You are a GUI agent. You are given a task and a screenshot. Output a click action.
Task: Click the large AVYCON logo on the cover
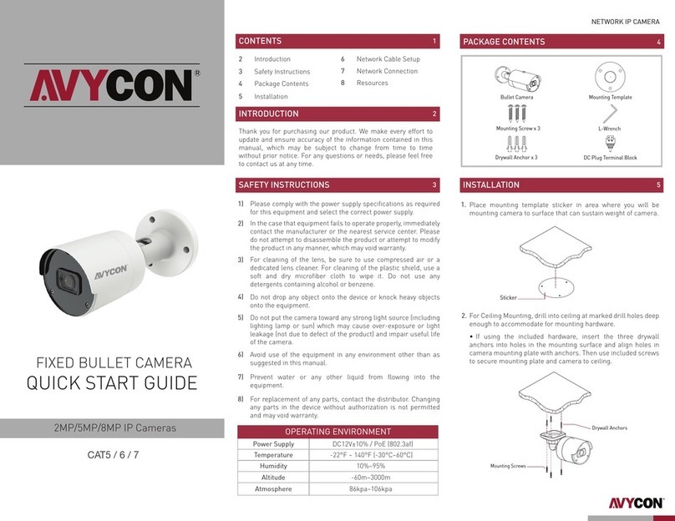click(x=113, y=84)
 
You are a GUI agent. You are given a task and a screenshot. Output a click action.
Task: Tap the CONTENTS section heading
click(x=260, y=41)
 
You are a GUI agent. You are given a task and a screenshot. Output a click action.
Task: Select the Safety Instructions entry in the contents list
click(x=282, y=72)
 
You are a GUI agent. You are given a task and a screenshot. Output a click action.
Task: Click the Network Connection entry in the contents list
click(x=387, y=72)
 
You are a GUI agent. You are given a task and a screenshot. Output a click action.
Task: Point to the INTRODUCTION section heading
click(x=268, y=114)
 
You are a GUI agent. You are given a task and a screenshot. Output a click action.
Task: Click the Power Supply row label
click(x=272, y=444)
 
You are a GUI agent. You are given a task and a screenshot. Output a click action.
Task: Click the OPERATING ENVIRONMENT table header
click(x=338, y=431)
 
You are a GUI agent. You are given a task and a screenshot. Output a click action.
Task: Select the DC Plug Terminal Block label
click(x=610, y=157)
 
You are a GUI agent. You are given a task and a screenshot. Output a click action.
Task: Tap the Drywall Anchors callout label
click(x=610, y=428)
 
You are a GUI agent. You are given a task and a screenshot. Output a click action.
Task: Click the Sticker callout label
click(x=509, y=297)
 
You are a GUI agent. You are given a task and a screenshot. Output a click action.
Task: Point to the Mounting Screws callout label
click(x=508, y=467)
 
